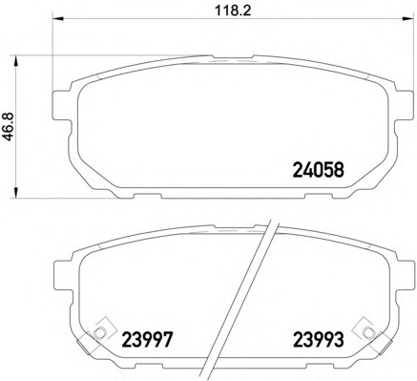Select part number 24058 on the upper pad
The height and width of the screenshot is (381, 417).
click(315, 174)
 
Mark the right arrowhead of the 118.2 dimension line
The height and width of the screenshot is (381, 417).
click(391, 23)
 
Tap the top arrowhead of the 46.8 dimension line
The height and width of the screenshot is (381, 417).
click(26, 59)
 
